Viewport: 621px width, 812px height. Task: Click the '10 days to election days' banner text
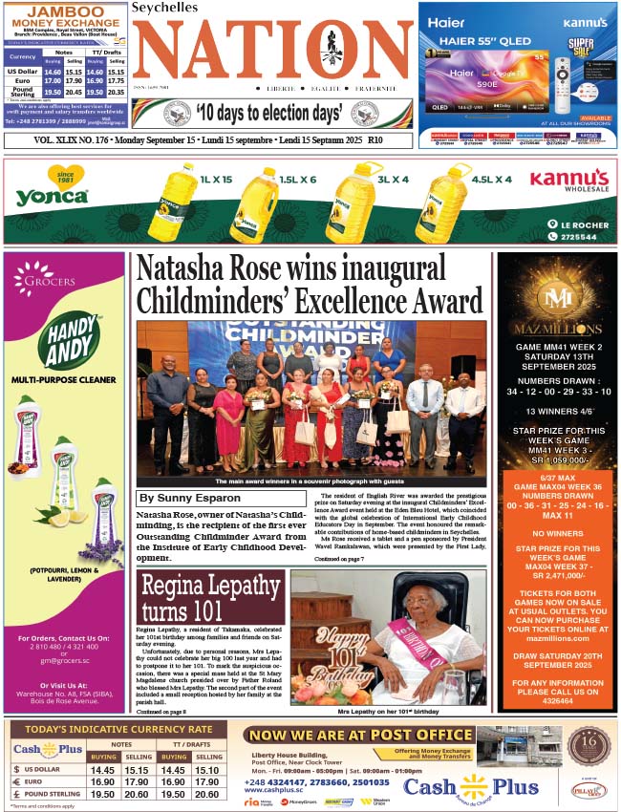(268, 114)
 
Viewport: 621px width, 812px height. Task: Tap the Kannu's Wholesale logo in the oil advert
(569, 181)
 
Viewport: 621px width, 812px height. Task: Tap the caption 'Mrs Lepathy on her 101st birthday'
(389, 712)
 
